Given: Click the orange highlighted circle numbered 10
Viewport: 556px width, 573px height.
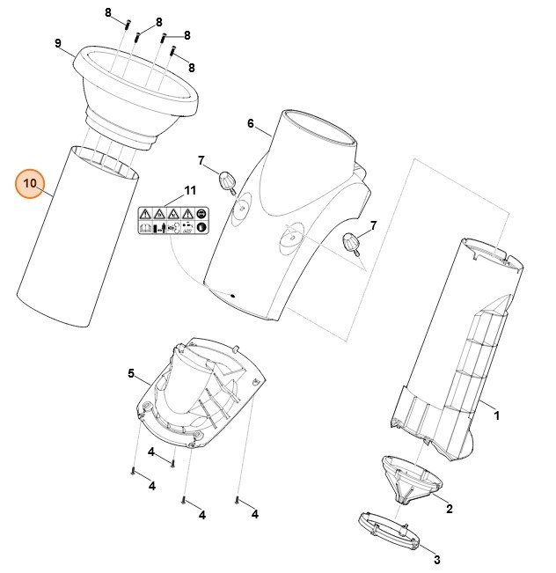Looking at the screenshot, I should (x=30, y=183).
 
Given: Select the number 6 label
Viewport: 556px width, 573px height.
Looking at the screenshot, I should (x=250, y=123).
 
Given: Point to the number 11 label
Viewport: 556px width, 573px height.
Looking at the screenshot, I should (x=190, y=191).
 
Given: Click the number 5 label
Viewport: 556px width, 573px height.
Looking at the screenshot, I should (x=131, y=374).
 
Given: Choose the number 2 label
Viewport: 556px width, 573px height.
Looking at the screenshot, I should (x=449, y=509).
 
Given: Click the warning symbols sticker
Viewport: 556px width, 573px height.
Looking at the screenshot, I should (x=172, y=220).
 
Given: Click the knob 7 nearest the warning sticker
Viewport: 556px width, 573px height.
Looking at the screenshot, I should (x=229, y=182).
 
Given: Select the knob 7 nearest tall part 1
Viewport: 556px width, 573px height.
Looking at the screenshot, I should (x=354, y=242).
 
